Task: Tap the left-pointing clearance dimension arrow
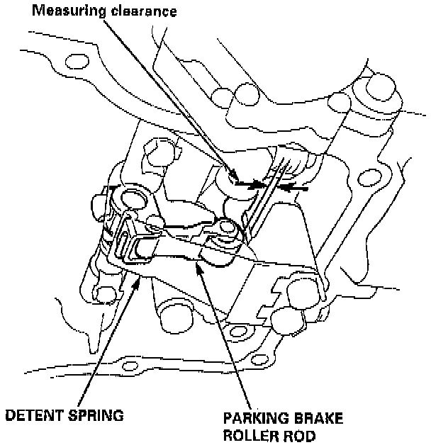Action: point(291,188)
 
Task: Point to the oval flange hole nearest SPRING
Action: point(128,368)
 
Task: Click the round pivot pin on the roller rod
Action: point(226,228)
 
